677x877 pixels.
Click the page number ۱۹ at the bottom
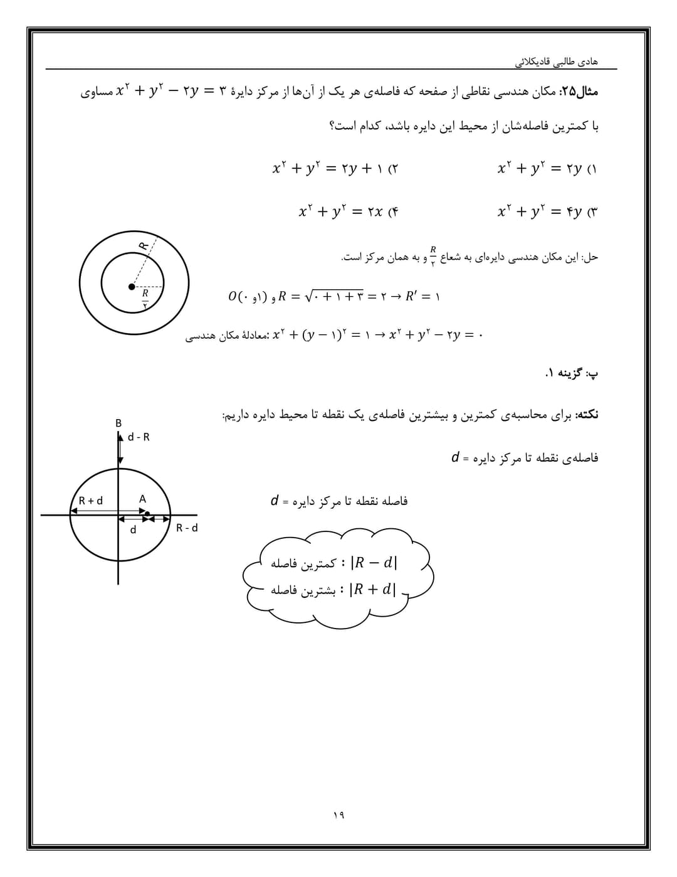click(x=338, y=815)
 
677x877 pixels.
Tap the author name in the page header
click(x=556, y=61)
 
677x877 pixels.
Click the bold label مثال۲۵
click(x=579, y=92)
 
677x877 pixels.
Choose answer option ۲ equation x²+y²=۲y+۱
click(x=335, y=169)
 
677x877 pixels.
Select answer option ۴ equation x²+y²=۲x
click(x=348, y=211)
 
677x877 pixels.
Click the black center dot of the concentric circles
click(x=132, y=287)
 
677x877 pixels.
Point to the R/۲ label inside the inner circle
click(x=145, y=297)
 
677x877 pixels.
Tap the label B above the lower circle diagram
click(x=118, y=423)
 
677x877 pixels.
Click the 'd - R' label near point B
click(x=139, y=437)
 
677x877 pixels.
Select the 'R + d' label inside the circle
click(x=91, y=501)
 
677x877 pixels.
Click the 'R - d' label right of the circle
click(x=187, y=528)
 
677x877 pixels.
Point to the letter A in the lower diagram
click(x=142, y=499)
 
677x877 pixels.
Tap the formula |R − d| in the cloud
click(x=374, y=563)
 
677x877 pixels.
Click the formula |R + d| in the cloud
click(x=374, y=590)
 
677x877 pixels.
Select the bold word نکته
click(x=587, y=415)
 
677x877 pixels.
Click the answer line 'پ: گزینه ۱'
click(x=571, y=373)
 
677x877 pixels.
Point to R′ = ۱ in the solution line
click(x=422, y=296)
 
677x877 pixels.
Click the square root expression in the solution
click(x=333, y=296)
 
